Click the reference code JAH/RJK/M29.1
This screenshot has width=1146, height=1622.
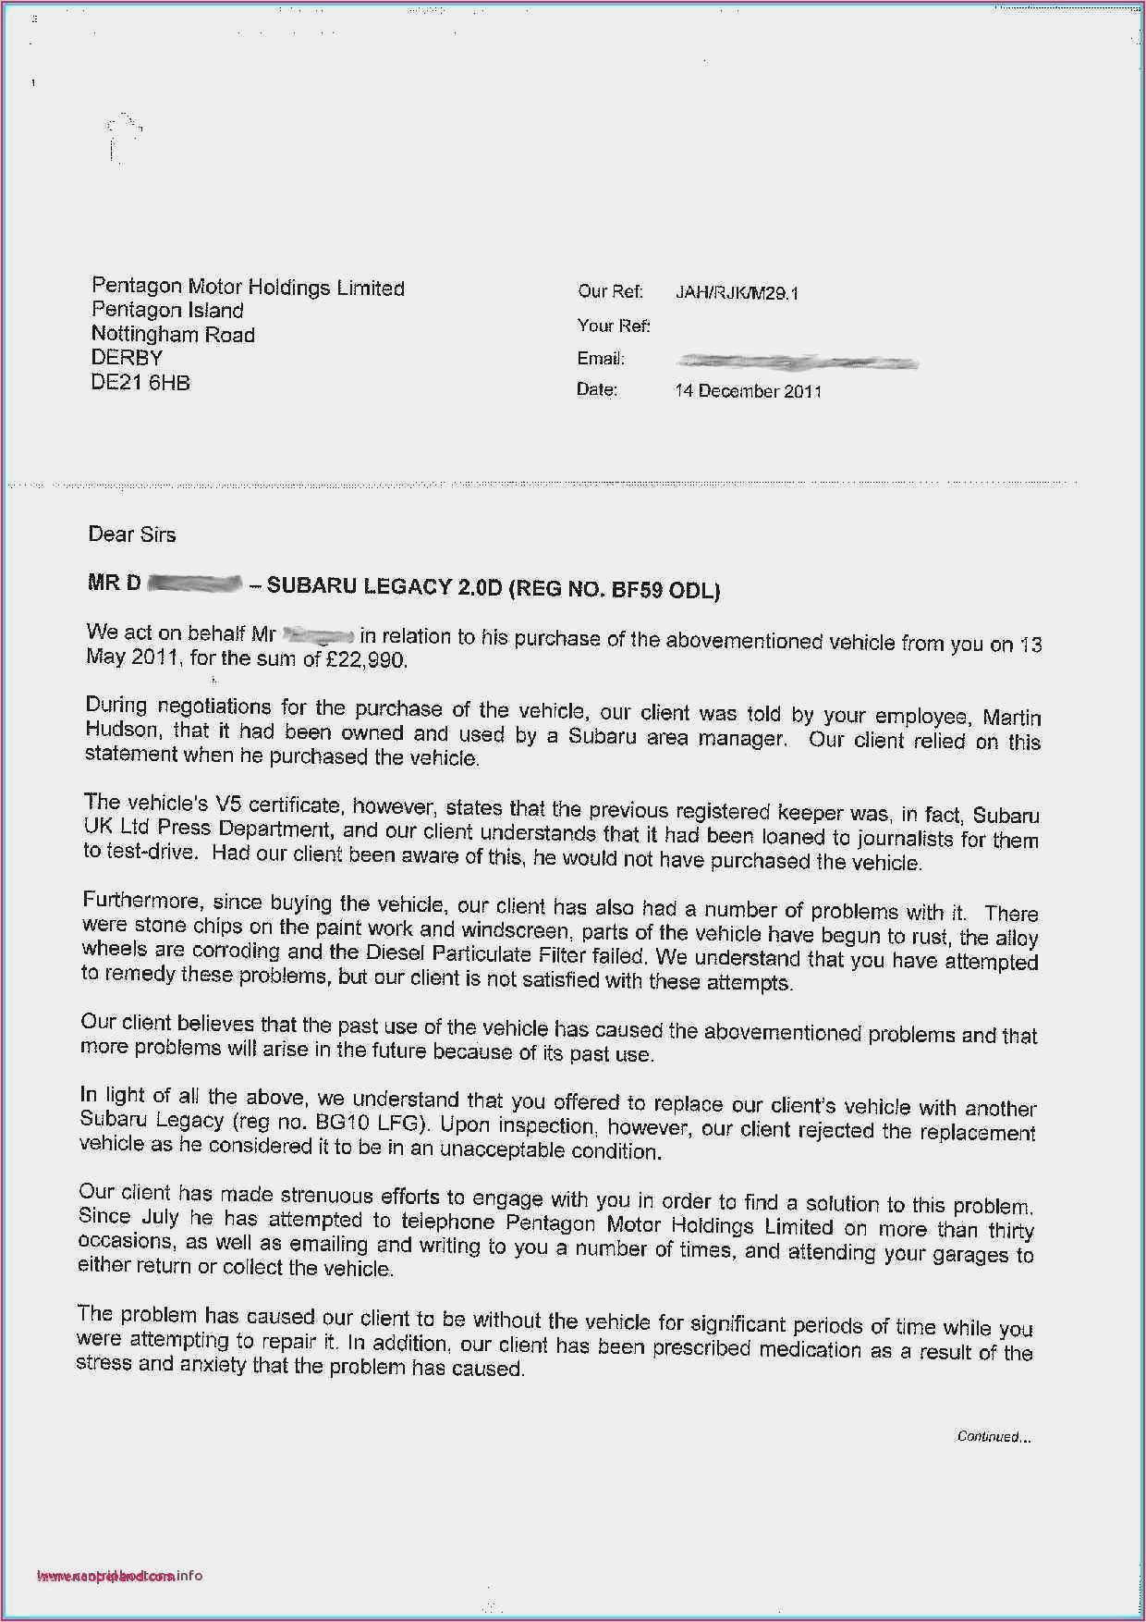[737, 293]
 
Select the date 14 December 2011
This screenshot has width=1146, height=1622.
[748, 391]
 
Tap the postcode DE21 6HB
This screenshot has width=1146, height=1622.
[140, 383]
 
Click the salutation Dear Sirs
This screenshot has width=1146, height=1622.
[131, 535]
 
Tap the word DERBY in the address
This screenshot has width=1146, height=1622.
[127, 358]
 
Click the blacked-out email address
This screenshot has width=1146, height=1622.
[797, 362]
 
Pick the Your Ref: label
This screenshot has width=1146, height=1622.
[614, 326]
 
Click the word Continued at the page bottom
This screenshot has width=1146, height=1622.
[991, 1436]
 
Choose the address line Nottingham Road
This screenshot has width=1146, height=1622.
[173, 335]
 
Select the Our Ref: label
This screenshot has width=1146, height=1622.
[610, 291]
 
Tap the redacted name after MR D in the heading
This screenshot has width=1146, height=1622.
[194, 584]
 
